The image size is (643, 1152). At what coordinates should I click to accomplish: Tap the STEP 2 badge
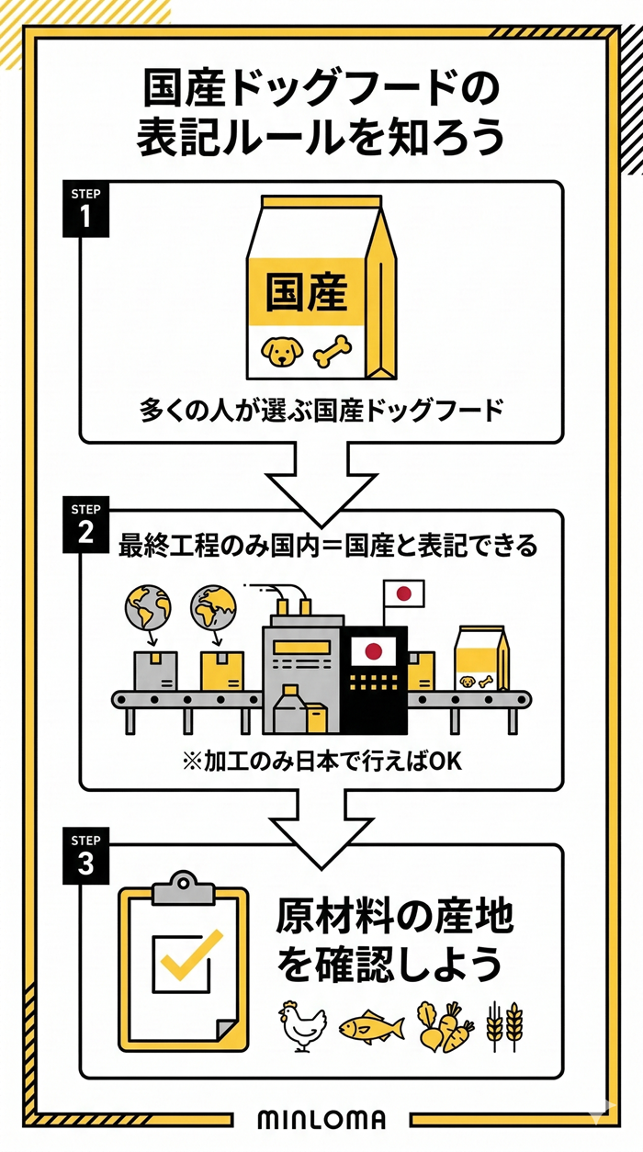85,525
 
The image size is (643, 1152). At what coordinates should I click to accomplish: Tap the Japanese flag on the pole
402,593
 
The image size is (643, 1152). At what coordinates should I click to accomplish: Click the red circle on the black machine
373,650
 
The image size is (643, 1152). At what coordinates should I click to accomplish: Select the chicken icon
302,1024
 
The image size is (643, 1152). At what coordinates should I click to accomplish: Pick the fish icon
371,1026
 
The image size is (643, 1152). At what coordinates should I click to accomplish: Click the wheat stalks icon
504,1024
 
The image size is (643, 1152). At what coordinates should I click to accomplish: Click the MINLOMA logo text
321,1120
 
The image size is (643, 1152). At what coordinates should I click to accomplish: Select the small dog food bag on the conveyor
481,660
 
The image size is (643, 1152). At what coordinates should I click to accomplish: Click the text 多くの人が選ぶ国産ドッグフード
321,410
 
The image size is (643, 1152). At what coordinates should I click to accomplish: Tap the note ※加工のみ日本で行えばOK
321,762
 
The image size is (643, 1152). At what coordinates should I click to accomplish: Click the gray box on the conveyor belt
154,671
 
